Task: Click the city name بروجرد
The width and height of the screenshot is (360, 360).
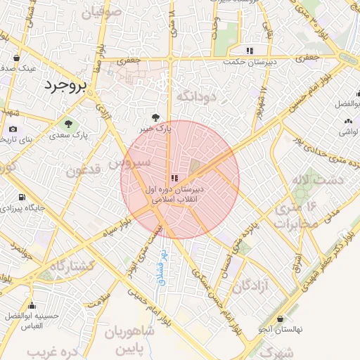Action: (64, 86)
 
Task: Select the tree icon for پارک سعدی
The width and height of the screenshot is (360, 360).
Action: (68, 124)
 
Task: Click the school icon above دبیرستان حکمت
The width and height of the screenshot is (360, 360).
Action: (250, 50)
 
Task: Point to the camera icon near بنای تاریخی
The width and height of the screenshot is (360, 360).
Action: (13, 129)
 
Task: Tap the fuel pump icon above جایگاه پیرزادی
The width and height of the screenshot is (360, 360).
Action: (22, 198)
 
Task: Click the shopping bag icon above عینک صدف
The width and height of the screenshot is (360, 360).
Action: (17, 58)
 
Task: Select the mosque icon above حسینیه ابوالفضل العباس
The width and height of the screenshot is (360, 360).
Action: (32, 306)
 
